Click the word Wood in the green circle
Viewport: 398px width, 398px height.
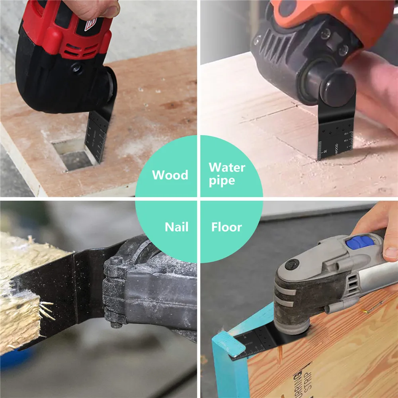pos(170,175)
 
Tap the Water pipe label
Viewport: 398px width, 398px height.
pos(227,174)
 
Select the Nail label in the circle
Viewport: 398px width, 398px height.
pos(176,227)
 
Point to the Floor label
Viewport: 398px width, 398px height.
pos(226,227)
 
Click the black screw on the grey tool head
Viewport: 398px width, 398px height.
pos(293,264)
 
